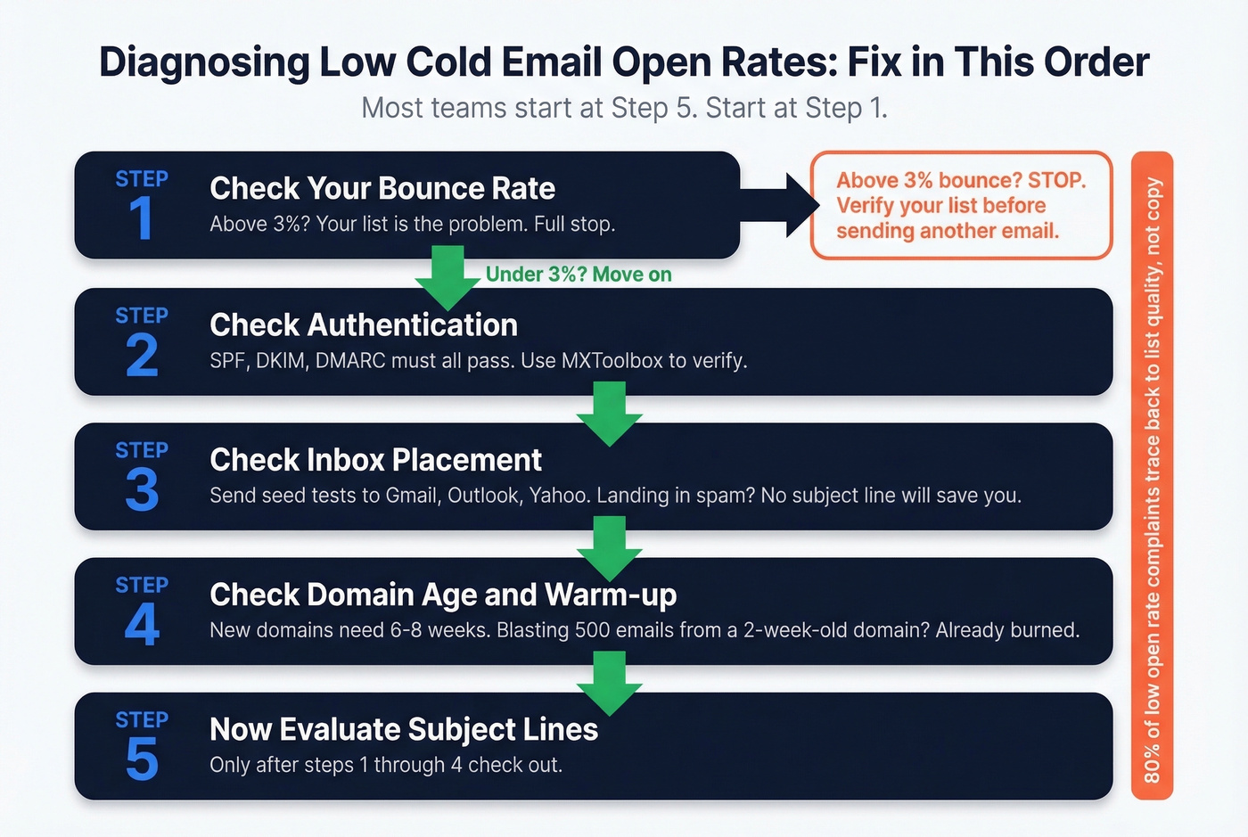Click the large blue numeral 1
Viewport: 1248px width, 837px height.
(141, 218)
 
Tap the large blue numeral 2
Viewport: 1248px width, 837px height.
(142, 355)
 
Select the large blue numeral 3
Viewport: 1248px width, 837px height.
(142, 489)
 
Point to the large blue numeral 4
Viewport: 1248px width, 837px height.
(142, 624)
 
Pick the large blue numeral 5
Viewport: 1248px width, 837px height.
(142, 759)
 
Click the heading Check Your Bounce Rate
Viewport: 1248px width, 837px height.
(382, 188)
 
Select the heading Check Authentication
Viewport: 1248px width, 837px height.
(363, 324)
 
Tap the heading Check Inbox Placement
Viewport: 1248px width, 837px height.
(375, 459)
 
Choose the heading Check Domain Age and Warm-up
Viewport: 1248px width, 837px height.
(443, 595)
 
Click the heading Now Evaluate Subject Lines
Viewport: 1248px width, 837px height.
(403, 729)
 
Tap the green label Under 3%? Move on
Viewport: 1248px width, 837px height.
(579, 275)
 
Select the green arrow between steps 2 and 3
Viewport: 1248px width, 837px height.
(610, 414)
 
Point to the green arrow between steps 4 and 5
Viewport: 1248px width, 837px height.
(610, 683)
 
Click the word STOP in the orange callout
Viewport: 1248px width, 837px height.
(1056, 180)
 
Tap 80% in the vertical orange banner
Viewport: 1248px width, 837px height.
(1152, 764)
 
